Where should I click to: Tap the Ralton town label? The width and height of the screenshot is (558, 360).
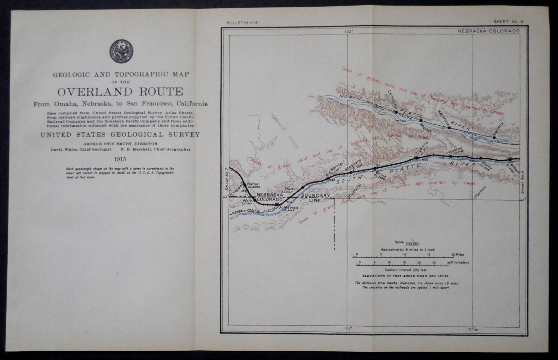pos(253,184)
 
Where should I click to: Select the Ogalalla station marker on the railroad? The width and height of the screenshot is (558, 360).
pos(417,158)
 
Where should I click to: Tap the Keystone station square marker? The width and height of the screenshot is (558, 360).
pos(449,127)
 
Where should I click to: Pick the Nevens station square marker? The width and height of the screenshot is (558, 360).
pos(494,138)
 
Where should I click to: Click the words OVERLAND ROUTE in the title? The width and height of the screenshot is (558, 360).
pos(120,92)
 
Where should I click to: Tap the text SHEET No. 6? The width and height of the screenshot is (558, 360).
pos(508,22)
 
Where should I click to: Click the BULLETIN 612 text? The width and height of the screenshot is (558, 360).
pos(242,22)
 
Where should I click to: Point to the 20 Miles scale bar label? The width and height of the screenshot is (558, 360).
pos(458,254)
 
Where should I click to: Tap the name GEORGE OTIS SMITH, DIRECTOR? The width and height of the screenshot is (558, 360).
pos(120,144)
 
